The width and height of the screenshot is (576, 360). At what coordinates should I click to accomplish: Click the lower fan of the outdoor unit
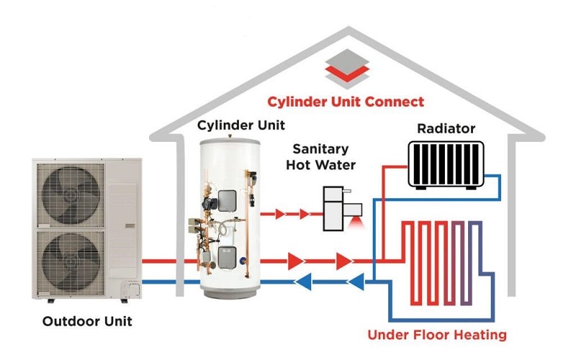[72, 256]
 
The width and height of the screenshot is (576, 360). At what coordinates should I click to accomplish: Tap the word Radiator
[446, 129]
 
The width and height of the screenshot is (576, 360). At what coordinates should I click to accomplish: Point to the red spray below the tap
[354, 225]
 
